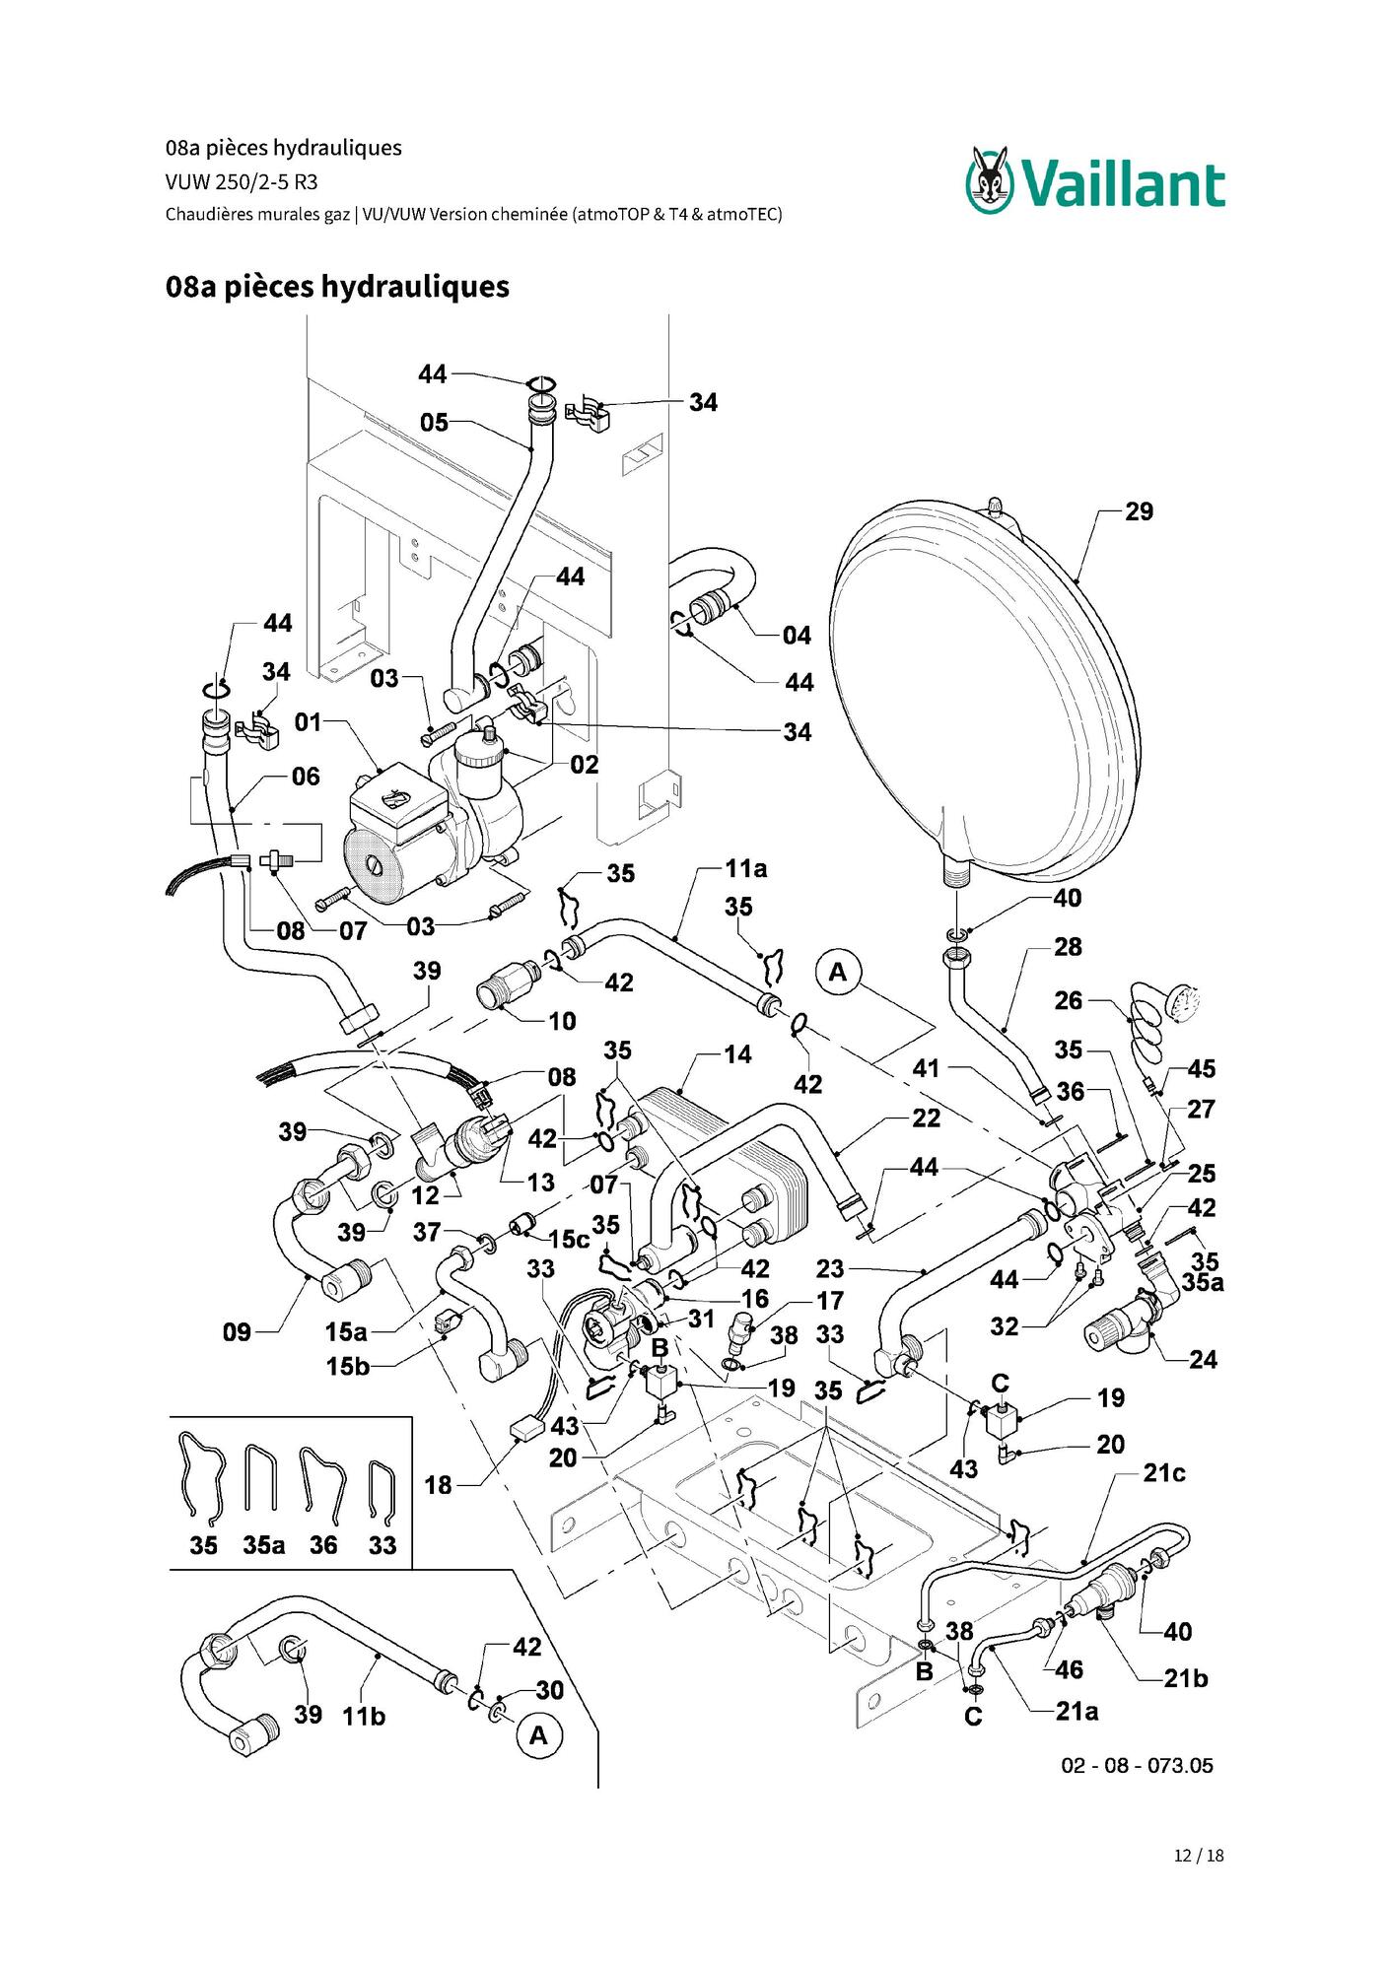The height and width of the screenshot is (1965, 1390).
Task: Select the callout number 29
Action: pyautogui.click(x=1139, y=511)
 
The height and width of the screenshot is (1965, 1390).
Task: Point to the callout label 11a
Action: pyautogui.click(x=745, y=868)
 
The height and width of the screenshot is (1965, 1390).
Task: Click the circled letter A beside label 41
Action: pyautogui.click(x=837, y=972)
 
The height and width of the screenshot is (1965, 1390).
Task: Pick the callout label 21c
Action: pyautogui.click(x=1163, y=1473)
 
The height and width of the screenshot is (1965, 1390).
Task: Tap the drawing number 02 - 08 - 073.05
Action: pyautogui.click(x=1137, y=1766)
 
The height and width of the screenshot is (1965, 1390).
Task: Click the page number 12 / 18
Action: pyautogui.click(x=1199, y=1856)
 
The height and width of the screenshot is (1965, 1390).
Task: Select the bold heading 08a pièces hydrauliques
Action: pyautogui.click(x=337, y=287)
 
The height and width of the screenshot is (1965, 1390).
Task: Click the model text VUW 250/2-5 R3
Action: pyautogui.click(x=242, y=181)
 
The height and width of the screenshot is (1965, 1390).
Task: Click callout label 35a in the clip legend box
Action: pyautogui.click(x=263, y=1545)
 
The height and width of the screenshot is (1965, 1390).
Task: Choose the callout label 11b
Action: pyautogui.click(x=363, y=1716)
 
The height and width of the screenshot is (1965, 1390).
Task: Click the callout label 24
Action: pyautogui.click(x=1203, y=1360)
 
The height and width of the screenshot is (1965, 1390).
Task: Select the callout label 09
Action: pyautogui.click(x=237, y=1332)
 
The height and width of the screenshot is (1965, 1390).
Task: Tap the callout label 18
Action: pyautogui.click(x=438, y=1485)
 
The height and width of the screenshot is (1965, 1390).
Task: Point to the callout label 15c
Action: pyautogui.click(x=568, y=1239)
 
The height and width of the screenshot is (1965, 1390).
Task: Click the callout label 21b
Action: pyautogui.click(x=1185, y=1678)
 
